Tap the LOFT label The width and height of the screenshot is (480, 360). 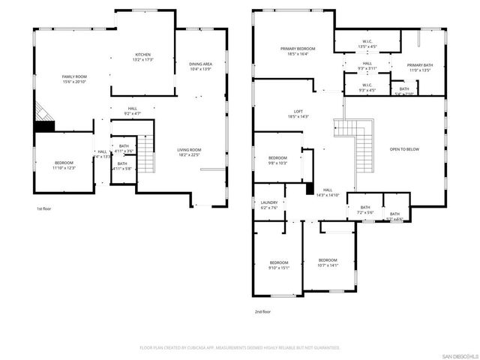coord(298,112)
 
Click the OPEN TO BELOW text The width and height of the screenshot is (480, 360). coord(404,149)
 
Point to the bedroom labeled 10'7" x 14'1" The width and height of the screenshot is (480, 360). coord(328,262)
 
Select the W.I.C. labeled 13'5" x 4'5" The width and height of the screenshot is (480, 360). coord(367,43)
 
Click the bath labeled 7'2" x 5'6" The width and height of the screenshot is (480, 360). coord(365,210)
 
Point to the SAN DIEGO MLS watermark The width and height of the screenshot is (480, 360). coord(459,355)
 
